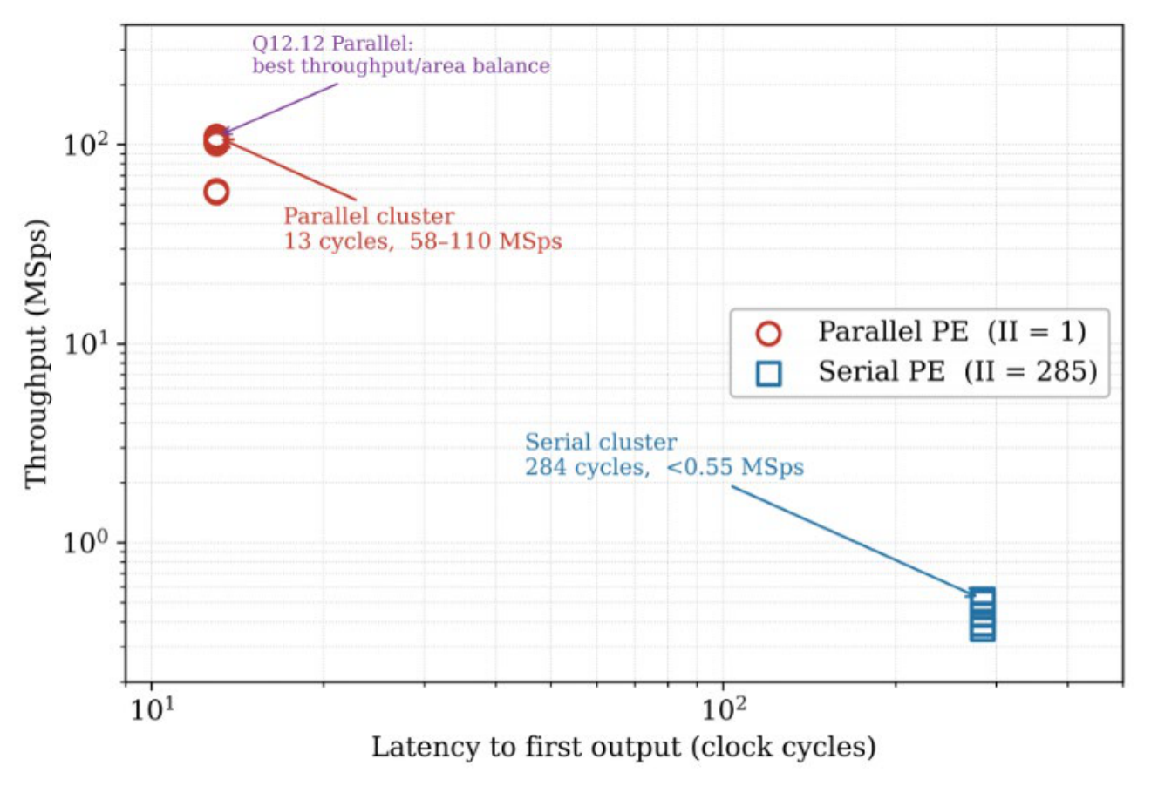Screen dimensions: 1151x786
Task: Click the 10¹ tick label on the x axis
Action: coord(153,709)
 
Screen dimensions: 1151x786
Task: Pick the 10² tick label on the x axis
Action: coord(724,709)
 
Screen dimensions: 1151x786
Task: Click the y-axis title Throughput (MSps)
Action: coord(37,354)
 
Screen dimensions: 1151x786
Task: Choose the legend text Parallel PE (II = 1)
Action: coord(952,331)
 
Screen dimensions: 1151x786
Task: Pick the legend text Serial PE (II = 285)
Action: coord(957,370)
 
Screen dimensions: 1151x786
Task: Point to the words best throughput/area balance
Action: coord(401,65)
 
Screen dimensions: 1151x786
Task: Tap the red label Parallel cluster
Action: coord(369,216)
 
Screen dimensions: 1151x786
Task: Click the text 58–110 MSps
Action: coord(486,241)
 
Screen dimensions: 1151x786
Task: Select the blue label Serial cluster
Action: coord(601,442)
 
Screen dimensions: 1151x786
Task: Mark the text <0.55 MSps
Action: coord(735,467)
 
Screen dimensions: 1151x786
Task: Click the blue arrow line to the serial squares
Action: coord(854,542)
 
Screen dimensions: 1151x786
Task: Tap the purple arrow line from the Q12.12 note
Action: coord(280,109)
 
